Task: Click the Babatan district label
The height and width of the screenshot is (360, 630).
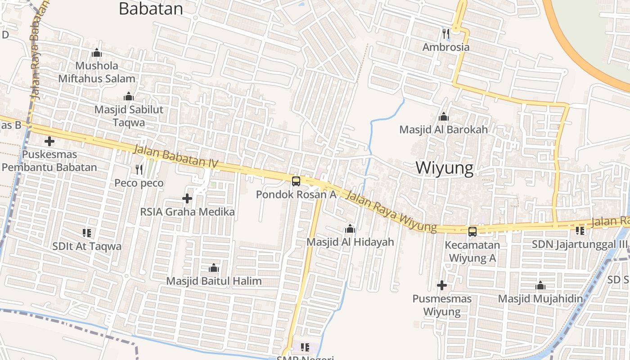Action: click(151, 9)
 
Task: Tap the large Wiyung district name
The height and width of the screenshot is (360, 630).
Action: click(444, 168)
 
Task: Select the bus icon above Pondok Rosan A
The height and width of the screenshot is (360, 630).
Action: click(296, 181)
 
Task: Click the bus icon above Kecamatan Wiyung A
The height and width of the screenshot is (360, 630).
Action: click(472, 232)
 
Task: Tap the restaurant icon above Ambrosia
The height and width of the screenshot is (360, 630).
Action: click(446, 33)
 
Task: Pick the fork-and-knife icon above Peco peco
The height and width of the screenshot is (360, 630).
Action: click(139, 170)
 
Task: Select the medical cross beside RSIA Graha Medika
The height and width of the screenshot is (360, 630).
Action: click(187, 198)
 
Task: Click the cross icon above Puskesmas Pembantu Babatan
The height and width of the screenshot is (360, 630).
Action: click(49, 141)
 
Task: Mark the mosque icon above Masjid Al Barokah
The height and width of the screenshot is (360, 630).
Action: click(444, 117)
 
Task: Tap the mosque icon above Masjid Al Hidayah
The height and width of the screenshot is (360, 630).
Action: click(350, 229)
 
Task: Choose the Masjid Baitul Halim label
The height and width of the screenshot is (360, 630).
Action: click(214, 281)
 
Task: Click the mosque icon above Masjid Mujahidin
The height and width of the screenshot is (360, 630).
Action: click(540, 286)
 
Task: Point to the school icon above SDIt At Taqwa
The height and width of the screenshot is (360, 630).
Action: click(87, 233)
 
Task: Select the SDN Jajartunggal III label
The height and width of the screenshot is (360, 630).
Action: click(580, 244)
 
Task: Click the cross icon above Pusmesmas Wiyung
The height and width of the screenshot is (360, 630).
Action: click(442, 285)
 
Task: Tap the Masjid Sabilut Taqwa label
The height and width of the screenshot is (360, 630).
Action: click(129, 116)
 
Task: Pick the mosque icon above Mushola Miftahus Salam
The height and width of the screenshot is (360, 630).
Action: click(97, 53)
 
